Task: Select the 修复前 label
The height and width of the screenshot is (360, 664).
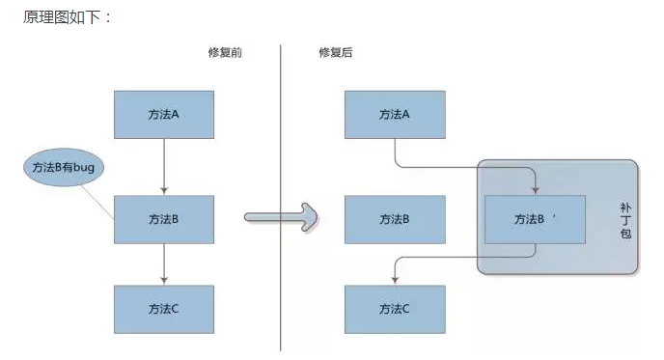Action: pyautogui.click(x=225, y=52)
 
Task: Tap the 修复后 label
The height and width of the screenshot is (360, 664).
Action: pyautogui.click(x=336, y=52)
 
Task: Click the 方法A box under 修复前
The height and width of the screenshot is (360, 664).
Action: pyautogui.click(x=164, y=115)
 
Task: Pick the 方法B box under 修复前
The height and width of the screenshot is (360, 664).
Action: pyautogui.click(x=164, y=219)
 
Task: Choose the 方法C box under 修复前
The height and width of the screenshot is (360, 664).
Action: pyautogui.click(x=164, y=309)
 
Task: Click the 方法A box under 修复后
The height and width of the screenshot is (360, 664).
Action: pyautogui.click(x=395, y=115)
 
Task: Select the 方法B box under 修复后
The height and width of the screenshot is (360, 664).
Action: pyautogui.click(x=395, y=219)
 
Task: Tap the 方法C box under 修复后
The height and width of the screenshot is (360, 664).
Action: pyautogui.click(x=395, y=309)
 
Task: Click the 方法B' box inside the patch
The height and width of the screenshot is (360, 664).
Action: pyautogui.click(x=535, y=219)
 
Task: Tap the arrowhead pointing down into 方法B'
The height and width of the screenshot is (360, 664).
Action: pyautogui.click(x=535, y=190)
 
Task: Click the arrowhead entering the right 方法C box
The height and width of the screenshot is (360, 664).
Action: pyautogui.click(x=395, y=281)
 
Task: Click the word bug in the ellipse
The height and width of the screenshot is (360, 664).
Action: pyautogui.click(x=89, y=168)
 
